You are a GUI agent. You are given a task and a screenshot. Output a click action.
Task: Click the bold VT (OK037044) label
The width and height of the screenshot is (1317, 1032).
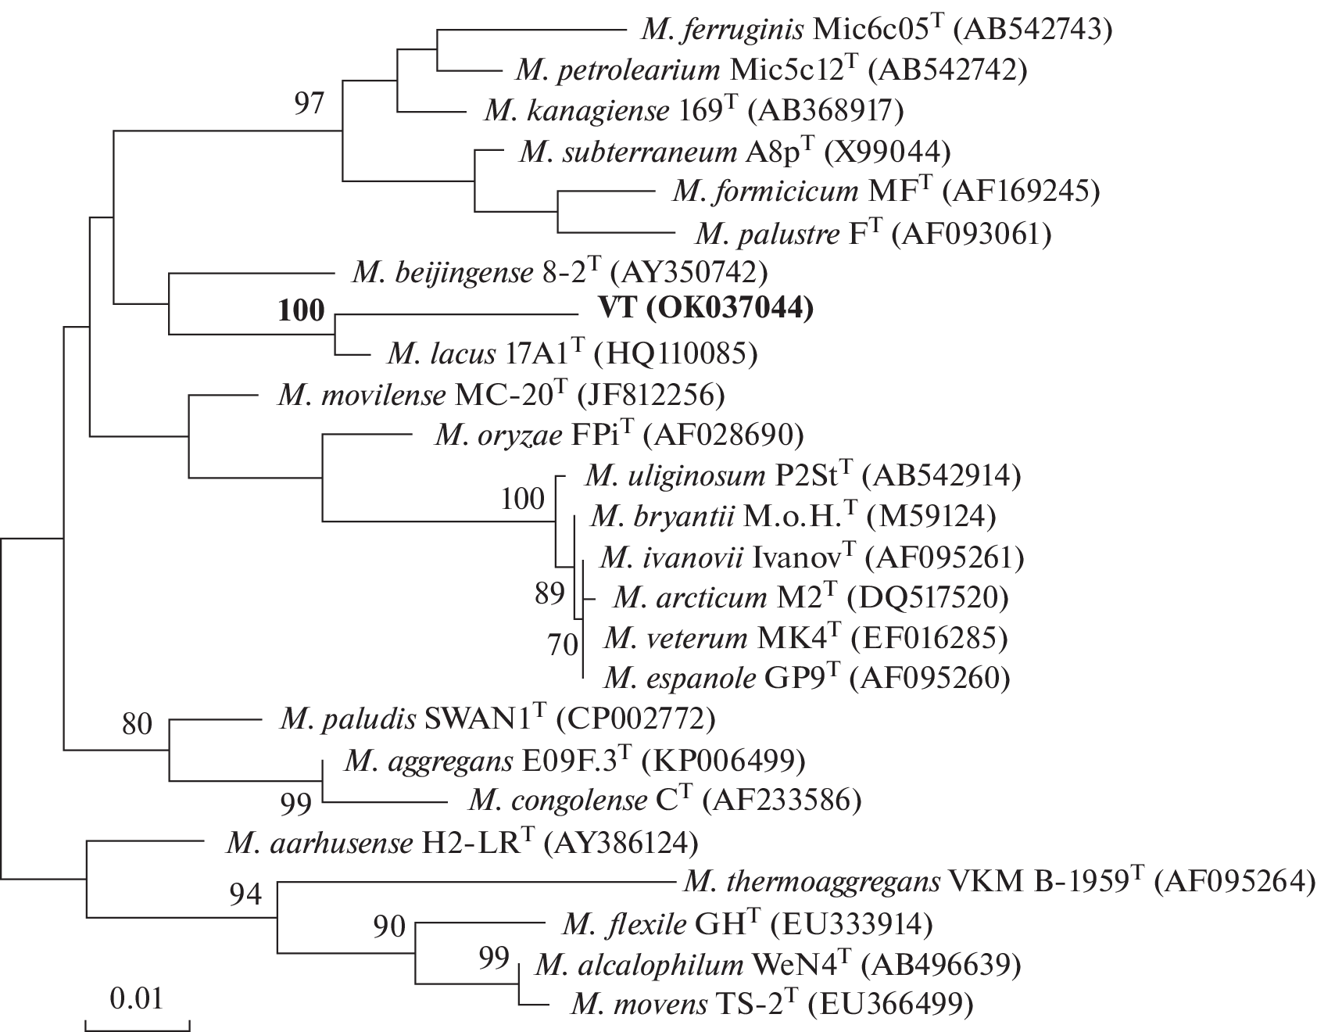coord(706,310)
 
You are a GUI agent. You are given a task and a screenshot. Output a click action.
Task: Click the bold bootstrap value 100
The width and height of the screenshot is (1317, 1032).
coord(301,310)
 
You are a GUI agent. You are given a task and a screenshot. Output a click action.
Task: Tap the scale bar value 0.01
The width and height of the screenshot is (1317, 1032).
coord(137,998)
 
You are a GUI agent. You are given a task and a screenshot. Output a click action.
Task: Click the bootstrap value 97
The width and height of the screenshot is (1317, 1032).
coord(309,102)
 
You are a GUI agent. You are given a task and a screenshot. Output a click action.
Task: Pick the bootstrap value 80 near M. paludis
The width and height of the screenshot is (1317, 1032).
coord(137,725)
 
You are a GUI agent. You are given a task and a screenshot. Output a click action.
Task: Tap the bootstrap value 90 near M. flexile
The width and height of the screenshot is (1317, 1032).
coord(389,927)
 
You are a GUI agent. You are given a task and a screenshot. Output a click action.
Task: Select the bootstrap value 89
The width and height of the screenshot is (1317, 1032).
coord(549,593)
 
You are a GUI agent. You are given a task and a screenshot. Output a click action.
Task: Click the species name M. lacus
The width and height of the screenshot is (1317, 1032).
coord(438,354)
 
